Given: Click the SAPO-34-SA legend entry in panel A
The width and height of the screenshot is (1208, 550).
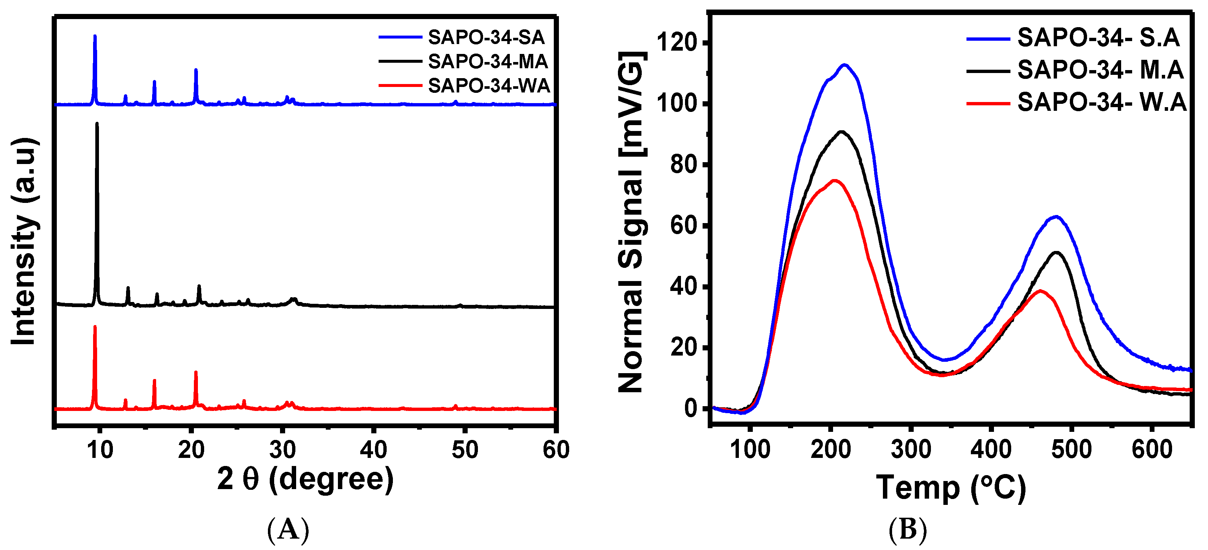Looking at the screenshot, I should coord(486,37).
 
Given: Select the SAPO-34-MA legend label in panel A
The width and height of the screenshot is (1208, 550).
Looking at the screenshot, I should coord(488,62).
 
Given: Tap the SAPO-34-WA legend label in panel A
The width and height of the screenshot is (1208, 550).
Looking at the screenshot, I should coord(489,86).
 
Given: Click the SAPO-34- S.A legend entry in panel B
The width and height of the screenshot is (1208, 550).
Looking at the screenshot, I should coord(1098,37).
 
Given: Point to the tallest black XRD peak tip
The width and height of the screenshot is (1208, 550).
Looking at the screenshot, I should coord(97,124).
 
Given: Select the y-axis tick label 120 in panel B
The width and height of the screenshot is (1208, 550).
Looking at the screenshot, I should coord(676,43).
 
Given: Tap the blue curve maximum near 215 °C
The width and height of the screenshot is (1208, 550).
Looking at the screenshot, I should coord(845,65).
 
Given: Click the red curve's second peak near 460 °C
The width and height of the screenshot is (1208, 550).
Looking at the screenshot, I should coord(1040,291).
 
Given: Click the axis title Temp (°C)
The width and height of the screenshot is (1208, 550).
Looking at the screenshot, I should coord(951,488).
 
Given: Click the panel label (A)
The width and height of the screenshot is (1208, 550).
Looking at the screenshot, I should coord(288,530).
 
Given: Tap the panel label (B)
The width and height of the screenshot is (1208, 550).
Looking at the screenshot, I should coord(907,530).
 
